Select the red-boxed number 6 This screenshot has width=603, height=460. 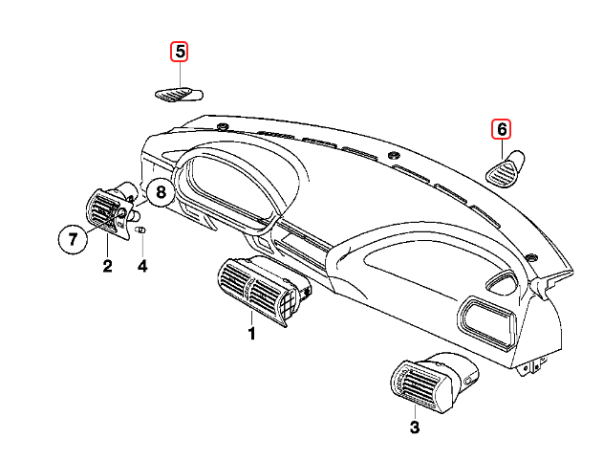(x=502, y=127)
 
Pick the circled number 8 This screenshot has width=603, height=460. (x=161, y=192)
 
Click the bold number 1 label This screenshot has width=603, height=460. (x=252, y=334)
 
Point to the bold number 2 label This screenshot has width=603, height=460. (x=107, y=266)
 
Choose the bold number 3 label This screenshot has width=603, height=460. (x=415, y=427)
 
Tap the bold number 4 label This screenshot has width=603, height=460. (x=142, y=266)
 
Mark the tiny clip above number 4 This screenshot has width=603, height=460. (x=140, y=230)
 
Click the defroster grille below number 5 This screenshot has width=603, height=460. (x=179, y=94)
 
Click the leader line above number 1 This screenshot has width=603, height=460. (x=252, y=316)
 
